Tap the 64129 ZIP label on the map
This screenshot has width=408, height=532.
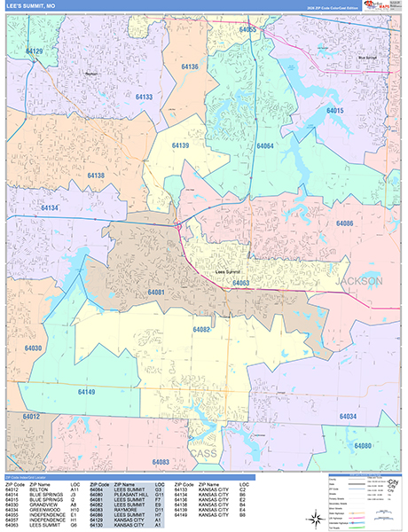click(35, 51)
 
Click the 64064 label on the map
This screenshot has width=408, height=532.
click(264, 145)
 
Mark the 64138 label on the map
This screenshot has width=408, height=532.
click(96, 176)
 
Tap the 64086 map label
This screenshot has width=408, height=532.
click(344, 223)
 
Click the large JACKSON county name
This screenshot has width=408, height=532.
click(359, 281)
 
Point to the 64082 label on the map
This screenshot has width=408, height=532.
click(201, 329)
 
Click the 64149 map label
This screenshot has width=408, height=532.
click(86, 391)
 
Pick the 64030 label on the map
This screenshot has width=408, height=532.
click(33, 348)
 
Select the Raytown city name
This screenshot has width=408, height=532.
click(90, 74)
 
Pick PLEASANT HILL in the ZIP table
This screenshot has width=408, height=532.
click(127, 494)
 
